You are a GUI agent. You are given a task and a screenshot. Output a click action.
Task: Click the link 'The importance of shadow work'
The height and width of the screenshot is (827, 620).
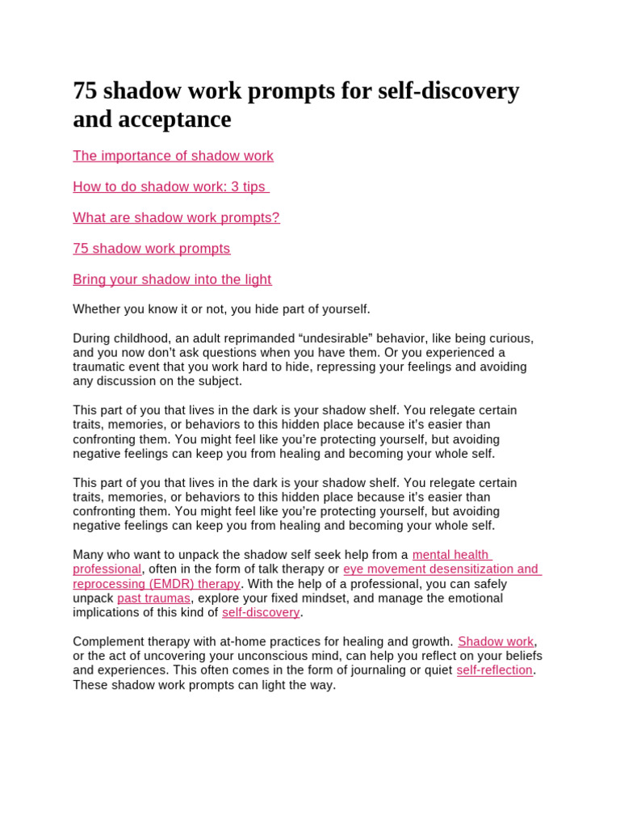173,156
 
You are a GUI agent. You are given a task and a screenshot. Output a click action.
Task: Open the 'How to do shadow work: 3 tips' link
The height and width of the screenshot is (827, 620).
170,187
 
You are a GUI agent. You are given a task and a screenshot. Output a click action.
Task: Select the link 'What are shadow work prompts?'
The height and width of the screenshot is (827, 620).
176,217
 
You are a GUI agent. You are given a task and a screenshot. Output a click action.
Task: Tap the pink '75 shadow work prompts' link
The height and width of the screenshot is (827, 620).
151,248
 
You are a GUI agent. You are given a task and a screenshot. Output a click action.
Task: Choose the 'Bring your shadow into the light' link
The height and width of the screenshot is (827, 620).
172,279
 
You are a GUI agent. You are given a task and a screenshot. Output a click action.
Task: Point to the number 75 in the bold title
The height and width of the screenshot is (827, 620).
84,90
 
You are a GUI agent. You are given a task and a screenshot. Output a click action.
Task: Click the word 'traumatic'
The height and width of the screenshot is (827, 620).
101,367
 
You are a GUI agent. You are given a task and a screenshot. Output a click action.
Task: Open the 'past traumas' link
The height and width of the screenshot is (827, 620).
153,598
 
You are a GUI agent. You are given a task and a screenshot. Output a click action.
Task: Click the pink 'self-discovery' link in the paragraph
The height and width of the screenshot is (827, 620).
261,613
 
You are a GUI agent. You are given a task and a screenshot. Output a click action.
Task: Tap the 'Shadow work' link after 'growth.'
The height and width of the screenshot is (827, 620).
496,642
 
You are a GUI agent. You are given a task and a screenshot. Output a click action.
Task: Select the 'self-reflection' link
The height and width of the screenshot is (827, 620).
494,670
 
